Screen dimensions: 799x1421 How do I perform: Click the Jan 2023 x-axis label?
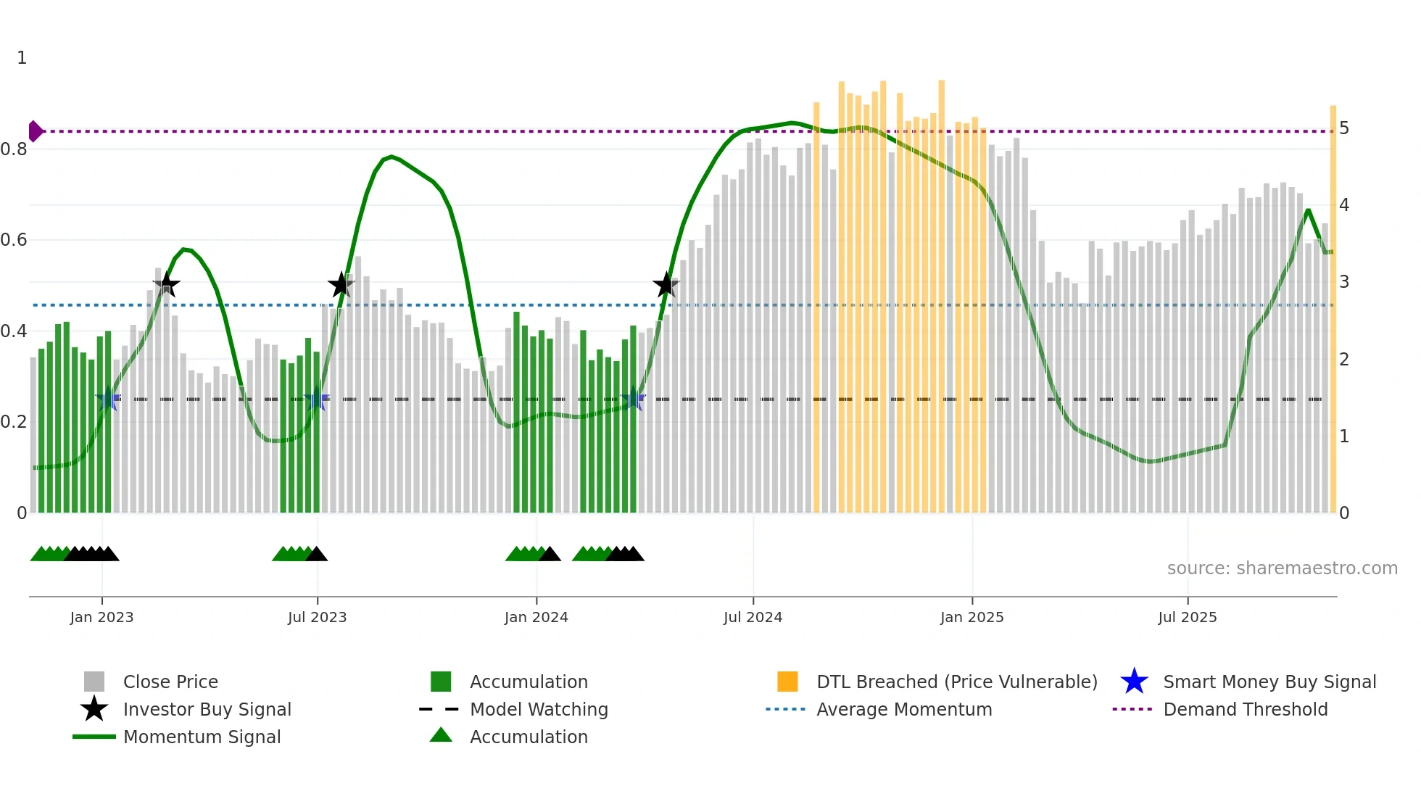coord(101,617)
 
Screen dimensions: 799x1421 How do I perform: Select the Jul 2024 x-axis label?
coord(753,617)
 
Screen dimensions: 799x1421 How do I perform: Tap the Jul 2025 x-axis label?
coord(1187,617)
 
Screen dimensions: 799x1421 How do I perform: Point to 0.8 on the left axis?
coord(14,149)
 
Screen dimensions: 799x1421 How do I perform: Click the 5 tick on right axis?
coord(1344,128)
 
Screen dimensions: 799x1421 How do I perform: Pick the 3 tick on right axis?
coord(1344,282)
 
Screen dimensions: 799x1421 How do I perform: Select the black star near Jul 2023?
coord(341,285)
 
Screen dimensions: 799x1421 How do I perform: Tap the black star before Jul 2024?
coord(666,285)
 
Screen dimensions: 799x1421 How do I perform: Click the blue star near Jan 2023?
coord(108,399)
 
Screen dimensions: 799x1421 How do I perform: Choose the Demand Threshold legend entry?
coord(1245,709)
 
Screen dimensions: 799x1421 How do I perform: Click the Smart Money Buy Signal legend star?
coord(1134,682)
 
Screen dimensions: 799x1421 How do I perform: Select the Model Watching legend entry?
coord(538,709)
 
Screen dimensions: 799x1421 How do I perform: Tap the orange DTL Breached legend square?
coord(787,682)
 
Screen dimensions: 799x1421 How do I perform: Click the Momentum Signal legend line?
coord(94,737)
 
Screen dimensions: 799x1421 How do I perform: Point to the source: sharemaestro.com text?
coord(1282,568)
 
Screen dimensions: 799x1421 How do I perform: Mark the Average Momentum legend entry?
coord(903,709)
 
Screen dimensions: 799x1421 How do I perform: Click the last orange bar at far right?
coord(1333,312)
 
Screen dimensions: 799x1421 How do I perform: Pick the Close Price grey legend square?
coord(94,682)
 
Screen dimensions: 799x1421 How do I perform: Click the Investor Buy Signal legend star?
coord(94,709)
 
